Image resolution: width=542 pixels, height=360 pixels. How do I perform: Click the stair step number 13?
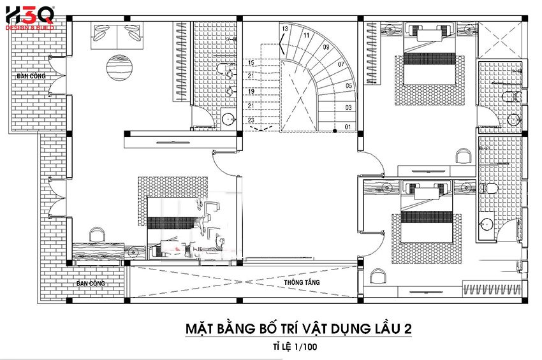coord(285,29)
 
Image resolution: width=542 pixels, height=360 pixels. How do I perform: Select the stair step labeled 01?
coord(348,127)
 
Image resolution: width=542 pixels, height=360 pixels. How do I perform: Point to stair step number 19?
coord(251,92)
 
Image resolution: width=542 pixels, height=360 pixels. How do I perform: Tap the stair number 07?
coord(341,64)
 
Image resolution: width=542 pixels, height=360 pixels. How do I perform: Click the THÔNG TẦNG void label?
coord(303,282)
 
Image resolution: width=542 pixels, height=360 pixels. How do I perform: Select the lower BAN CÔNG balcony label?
coord(91,283)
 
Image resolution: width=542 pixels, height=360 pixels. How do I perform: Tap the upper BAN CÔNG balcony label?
coord(31,76)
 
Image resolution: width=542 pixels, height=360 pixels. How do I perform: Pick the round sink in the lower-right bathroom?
coord(487,224)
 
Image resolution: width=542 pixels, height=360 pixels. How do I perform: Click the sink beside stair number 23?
coord(226,118)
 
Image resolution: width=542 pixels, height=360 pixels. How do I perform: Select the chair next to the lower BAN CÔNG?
coord(97,233)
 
